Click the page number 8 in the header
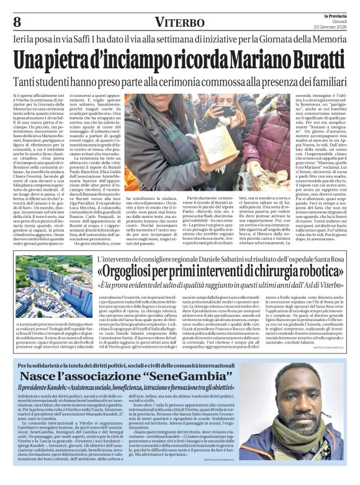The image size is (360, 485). (x=16, y=21)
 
